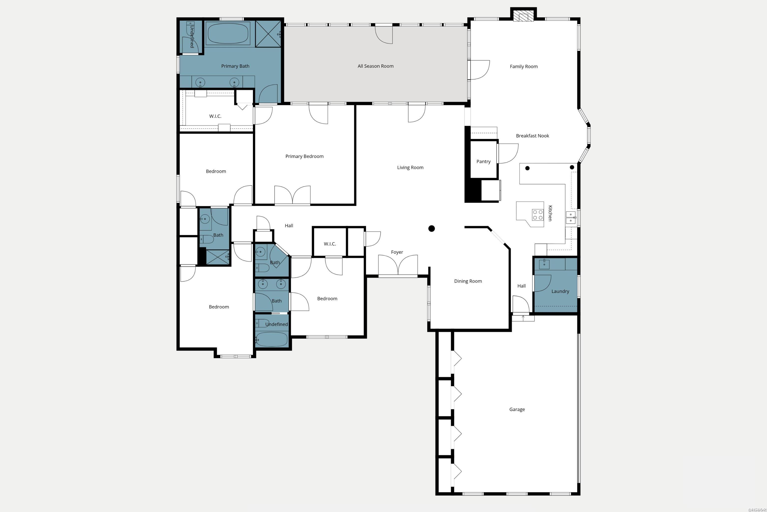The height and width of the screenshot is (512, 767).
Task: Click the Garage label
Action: click(517, 409)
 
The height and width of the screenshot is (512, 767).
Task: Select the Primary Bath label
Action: click(235, 66)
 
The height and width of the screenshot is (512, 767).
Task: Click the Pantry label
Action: click(483, 162)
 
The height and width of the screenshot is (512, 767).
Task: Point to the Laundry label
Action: click(560, 291)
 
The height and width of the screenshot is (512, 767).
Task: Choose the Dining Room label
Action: click(468, 281)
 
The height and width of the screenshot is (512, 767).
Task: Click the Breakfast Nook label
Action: click(532, 136)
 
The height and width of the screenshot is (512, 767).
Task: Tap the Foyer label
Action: click(397, 252)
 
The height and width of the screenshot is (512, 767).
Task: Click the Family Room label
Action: click(523, 66)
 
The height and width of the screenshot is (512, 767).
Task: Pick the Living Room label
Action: click(410, 167)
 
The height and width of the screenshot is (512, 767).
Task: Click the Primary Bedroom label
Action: click(304, 156)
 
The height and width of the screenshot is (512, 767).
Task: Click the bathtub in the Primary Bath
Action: click(228, 34)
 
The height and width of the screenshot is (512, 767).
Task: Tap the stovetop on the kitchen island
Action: click(537, 215)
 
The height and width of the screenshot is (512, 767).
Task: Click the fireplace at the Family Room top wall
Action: click(523, 16)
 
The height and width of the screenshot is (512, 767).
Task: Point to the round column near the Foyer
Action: click(431, 228)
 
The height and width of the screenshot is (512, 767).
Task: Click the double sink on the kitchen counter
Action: click(571, 218)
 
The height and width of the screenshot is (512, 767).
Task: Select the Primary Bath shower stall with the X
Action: click(268, 34)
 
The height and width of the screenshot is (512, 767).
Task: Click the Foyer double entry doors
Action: click(398, 265)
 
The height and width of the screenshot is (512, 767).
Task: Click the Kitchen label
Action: click(550, 213)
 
